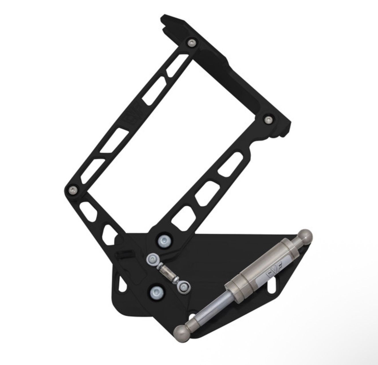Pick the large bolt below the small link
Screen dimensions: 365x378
coord(156,292)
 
